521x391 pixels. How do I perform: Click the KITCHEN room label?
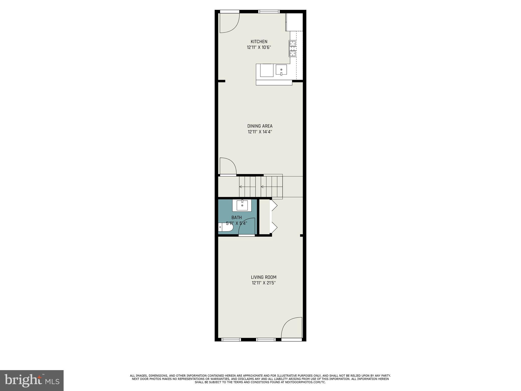click(x=259, y=42)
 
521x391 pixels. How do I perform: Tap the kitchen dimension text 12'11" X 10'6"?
click(x=259, y=47)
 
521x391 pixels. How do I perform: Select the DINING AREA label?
click(x=260, y=126)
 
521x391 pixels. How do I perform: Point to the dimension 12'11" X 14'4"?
click(x=260, y=132)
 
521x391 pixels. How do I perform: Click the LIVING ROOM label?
click(x=264, y=277)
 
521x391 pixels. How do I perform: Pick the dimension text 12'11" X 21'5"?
click(x=264, y=283)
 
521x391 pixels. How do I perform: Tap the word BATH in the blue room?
click(x=236, y=218)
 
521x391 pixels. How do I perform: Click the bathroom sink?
click(x=242, y=205)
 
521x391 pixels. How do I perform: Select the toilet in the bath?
click(x=225, y=227)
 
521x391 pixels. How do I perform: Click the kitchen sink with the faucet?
click(x=281, y=70)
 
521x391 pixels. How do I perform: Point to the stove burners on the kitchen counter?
click(x=293, y=48)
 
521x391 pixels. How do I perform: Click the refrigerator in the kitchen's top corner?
click(x=294, y=22)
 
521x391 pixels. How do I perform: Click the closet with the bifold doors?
click(x=265, y=216)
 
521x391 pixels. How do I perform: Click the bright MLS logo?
click(x=32, y=380)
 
